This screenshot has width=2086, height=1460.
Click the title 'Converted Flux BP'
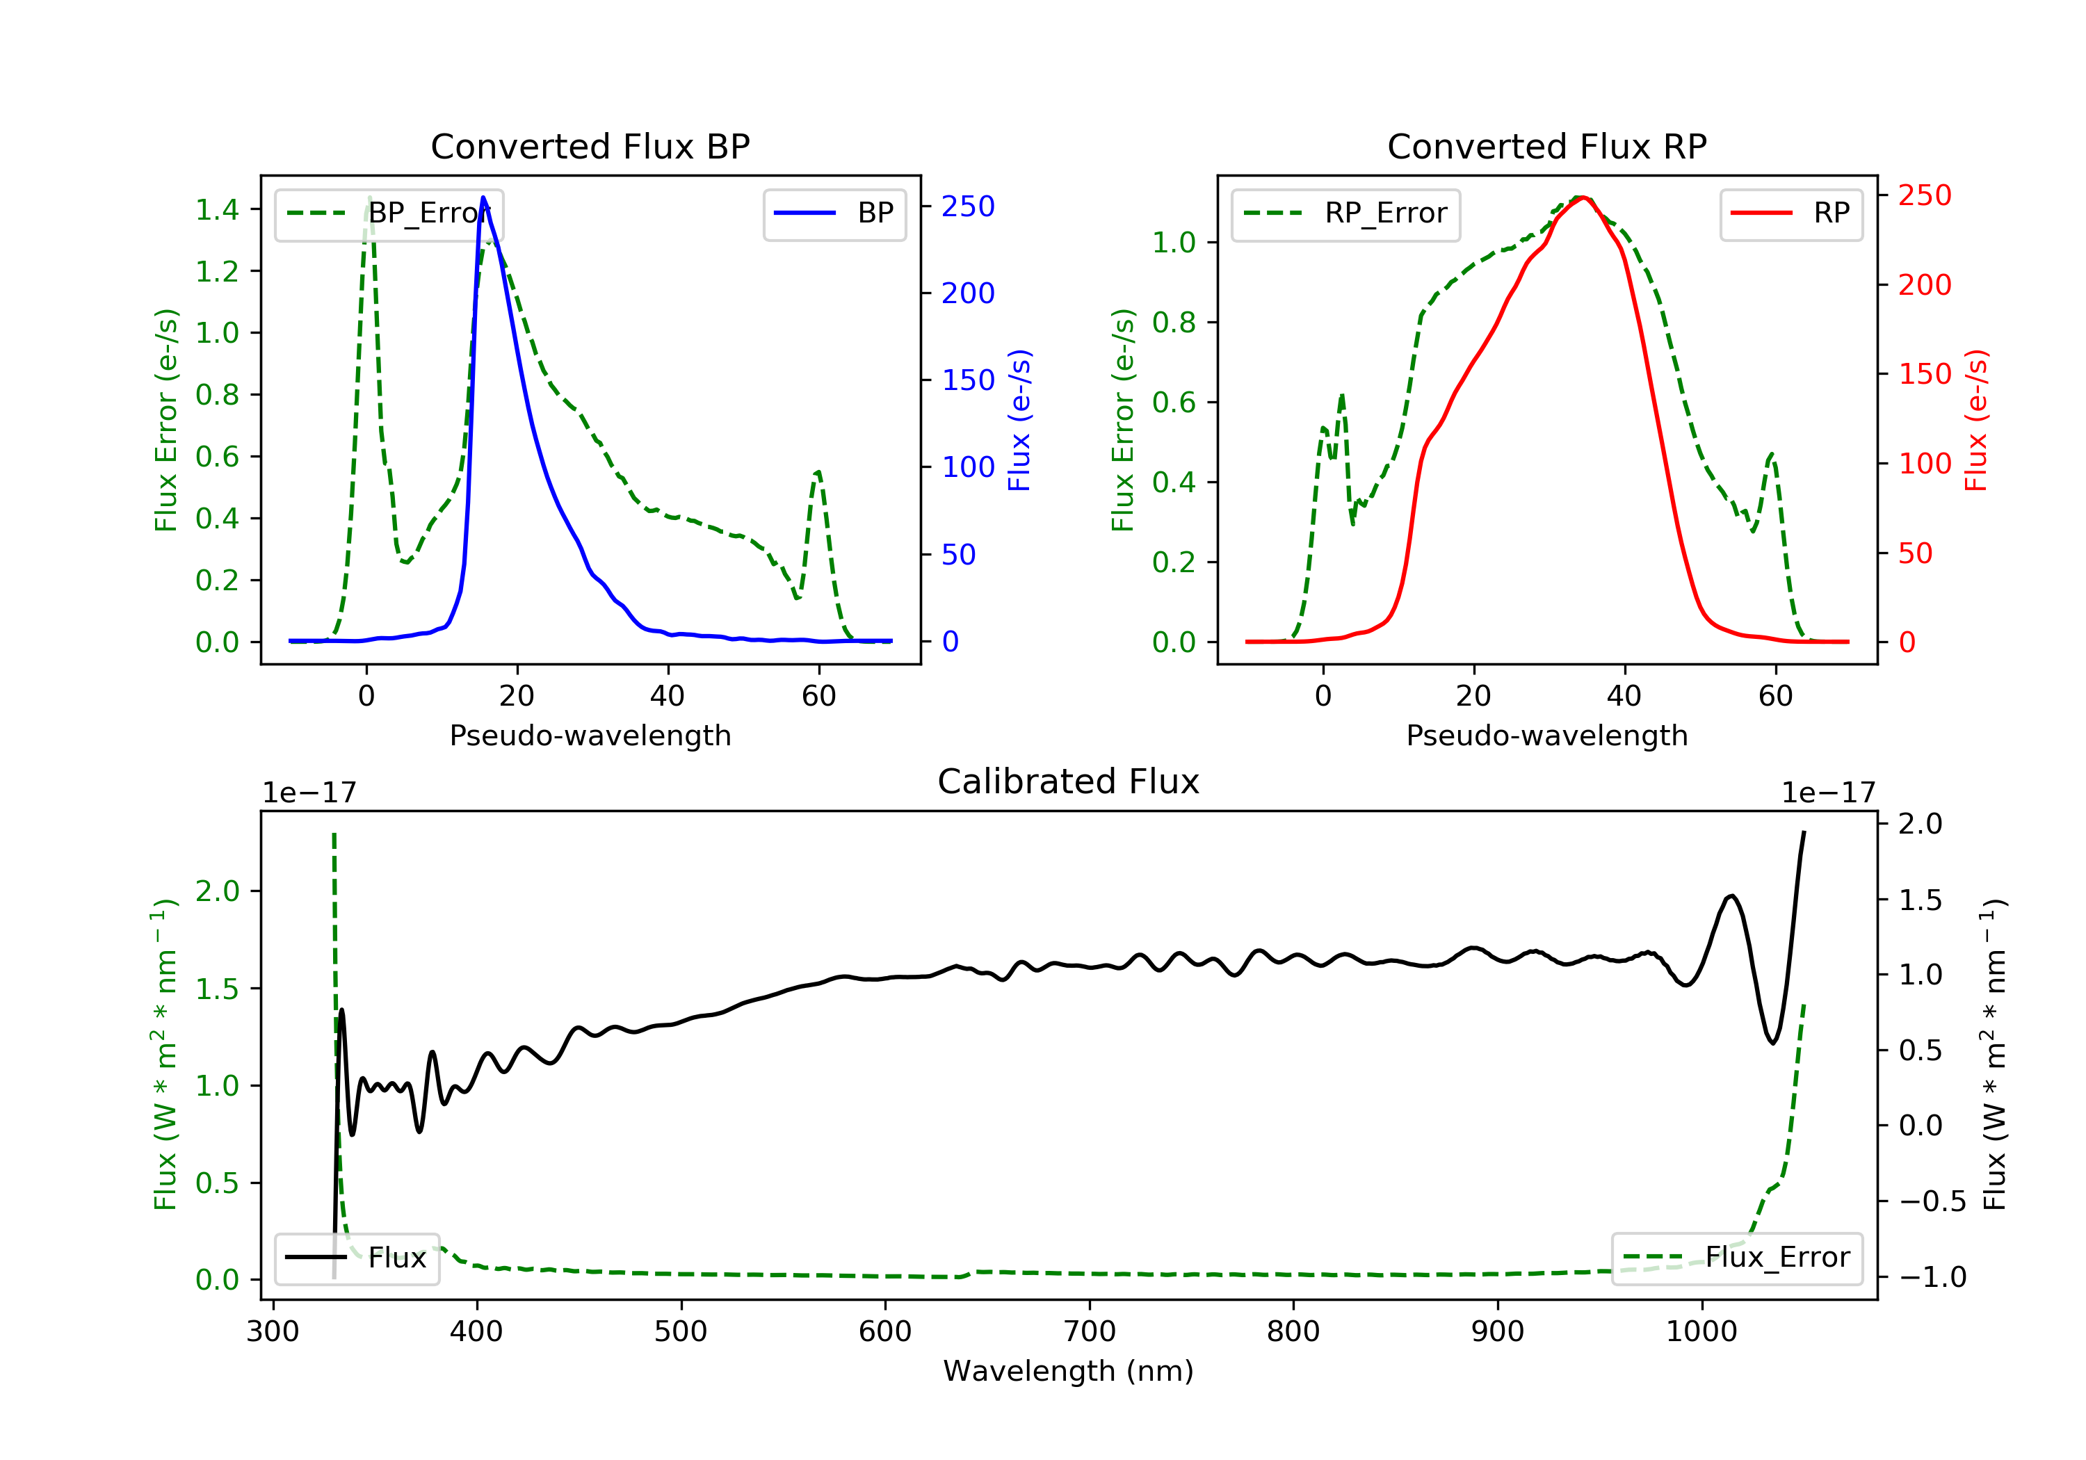[590, 146]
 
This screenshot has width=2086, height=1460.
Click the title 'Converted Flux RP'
[1546, 146]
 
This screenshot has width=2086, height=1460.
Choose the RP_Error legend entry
[1345, 213]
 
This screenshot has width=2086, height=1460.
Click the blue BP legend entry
[834, 213]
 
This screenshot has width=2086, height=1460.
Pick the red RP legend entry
[1790, 213]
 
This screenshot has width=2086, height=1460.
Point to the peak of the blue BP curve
[483, 197]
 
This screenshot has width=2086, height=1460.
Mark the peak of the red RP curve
[1583, 197]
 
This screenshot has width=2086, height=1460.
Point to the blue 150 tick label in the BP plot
[968, 380]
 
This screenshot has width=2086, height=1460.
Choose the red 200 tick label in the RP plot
[1924, 284]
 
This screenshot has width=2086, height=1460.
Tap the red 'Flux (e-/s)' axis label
[1976, 420]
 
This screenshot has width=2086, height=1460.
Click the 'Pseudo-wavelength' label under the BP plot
[590, 735]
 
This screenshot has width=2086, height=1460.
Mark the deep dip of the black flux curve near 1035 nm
[1772, 1042]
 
